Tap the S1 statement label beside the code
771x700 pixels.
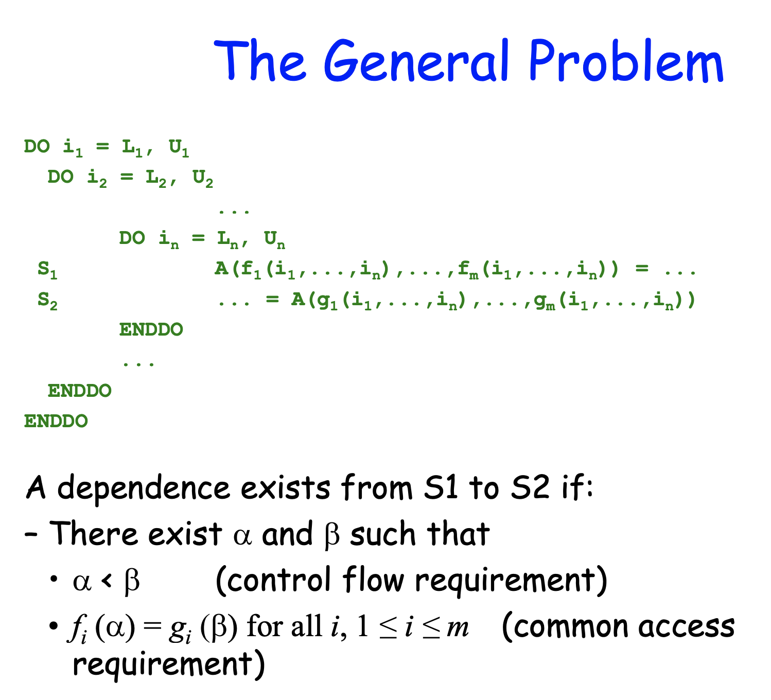tap(47, 270)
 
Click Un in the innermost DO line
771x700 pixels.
tap(274, 239)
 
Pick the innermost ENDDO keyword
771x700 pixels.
tap(151, 329)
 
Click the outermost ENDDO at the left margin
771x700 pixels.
tap(56, 421)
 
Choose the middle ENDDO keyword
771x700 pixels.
tap(79, 391)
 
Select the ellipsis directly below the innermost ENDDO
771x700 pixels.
tap(138, 362)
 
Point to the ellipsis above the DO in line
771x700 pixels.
tap(234, 210)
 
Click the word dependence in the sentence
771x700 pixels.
tap(144, 487)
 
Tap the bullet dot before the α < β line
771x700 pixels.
tap(54, 580)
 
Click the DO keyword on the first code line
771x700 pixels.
tap(37, 147)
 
